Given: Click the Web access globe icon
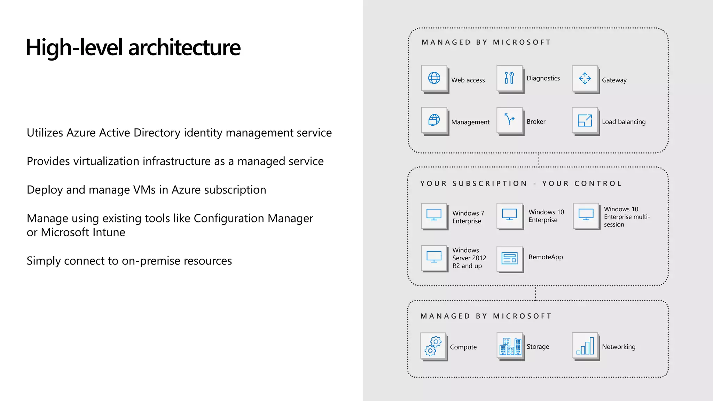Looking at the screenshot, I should click(434, 78).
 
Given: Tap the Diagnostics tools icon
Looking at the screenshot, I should click(509, 78).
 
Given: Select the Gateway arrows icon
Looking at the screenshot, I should click(585, 78).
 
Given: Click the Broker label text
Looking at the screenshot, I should click(536, 122).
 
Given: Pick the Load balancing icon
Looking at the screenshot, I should click(585, 120).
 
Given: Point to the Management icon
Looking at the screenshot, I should click(434, 120).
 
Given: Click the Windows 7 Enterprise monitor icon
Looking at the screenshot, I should click(434, 216).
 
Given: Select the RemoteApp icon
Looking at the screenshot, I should click(509, 258).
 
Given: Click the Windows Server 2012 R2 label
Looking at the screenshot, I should click(469, 258).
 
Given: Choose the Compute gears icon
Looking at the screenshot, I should click(433, 346).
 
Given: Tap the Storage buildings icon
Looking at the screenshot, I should click(510, 346).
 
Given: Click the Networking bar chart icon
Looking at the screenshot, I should click(585, 346).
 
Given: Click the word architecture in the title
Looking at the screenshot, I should click(184, 48).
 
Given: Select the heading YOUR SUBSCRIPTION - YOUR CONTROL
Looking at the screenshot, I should click(521, 184).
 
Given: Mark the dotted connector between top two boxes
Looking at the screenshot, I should click(538, 160).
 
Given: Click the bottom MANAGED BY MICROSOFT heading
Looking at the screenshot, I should click(486, 316).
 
